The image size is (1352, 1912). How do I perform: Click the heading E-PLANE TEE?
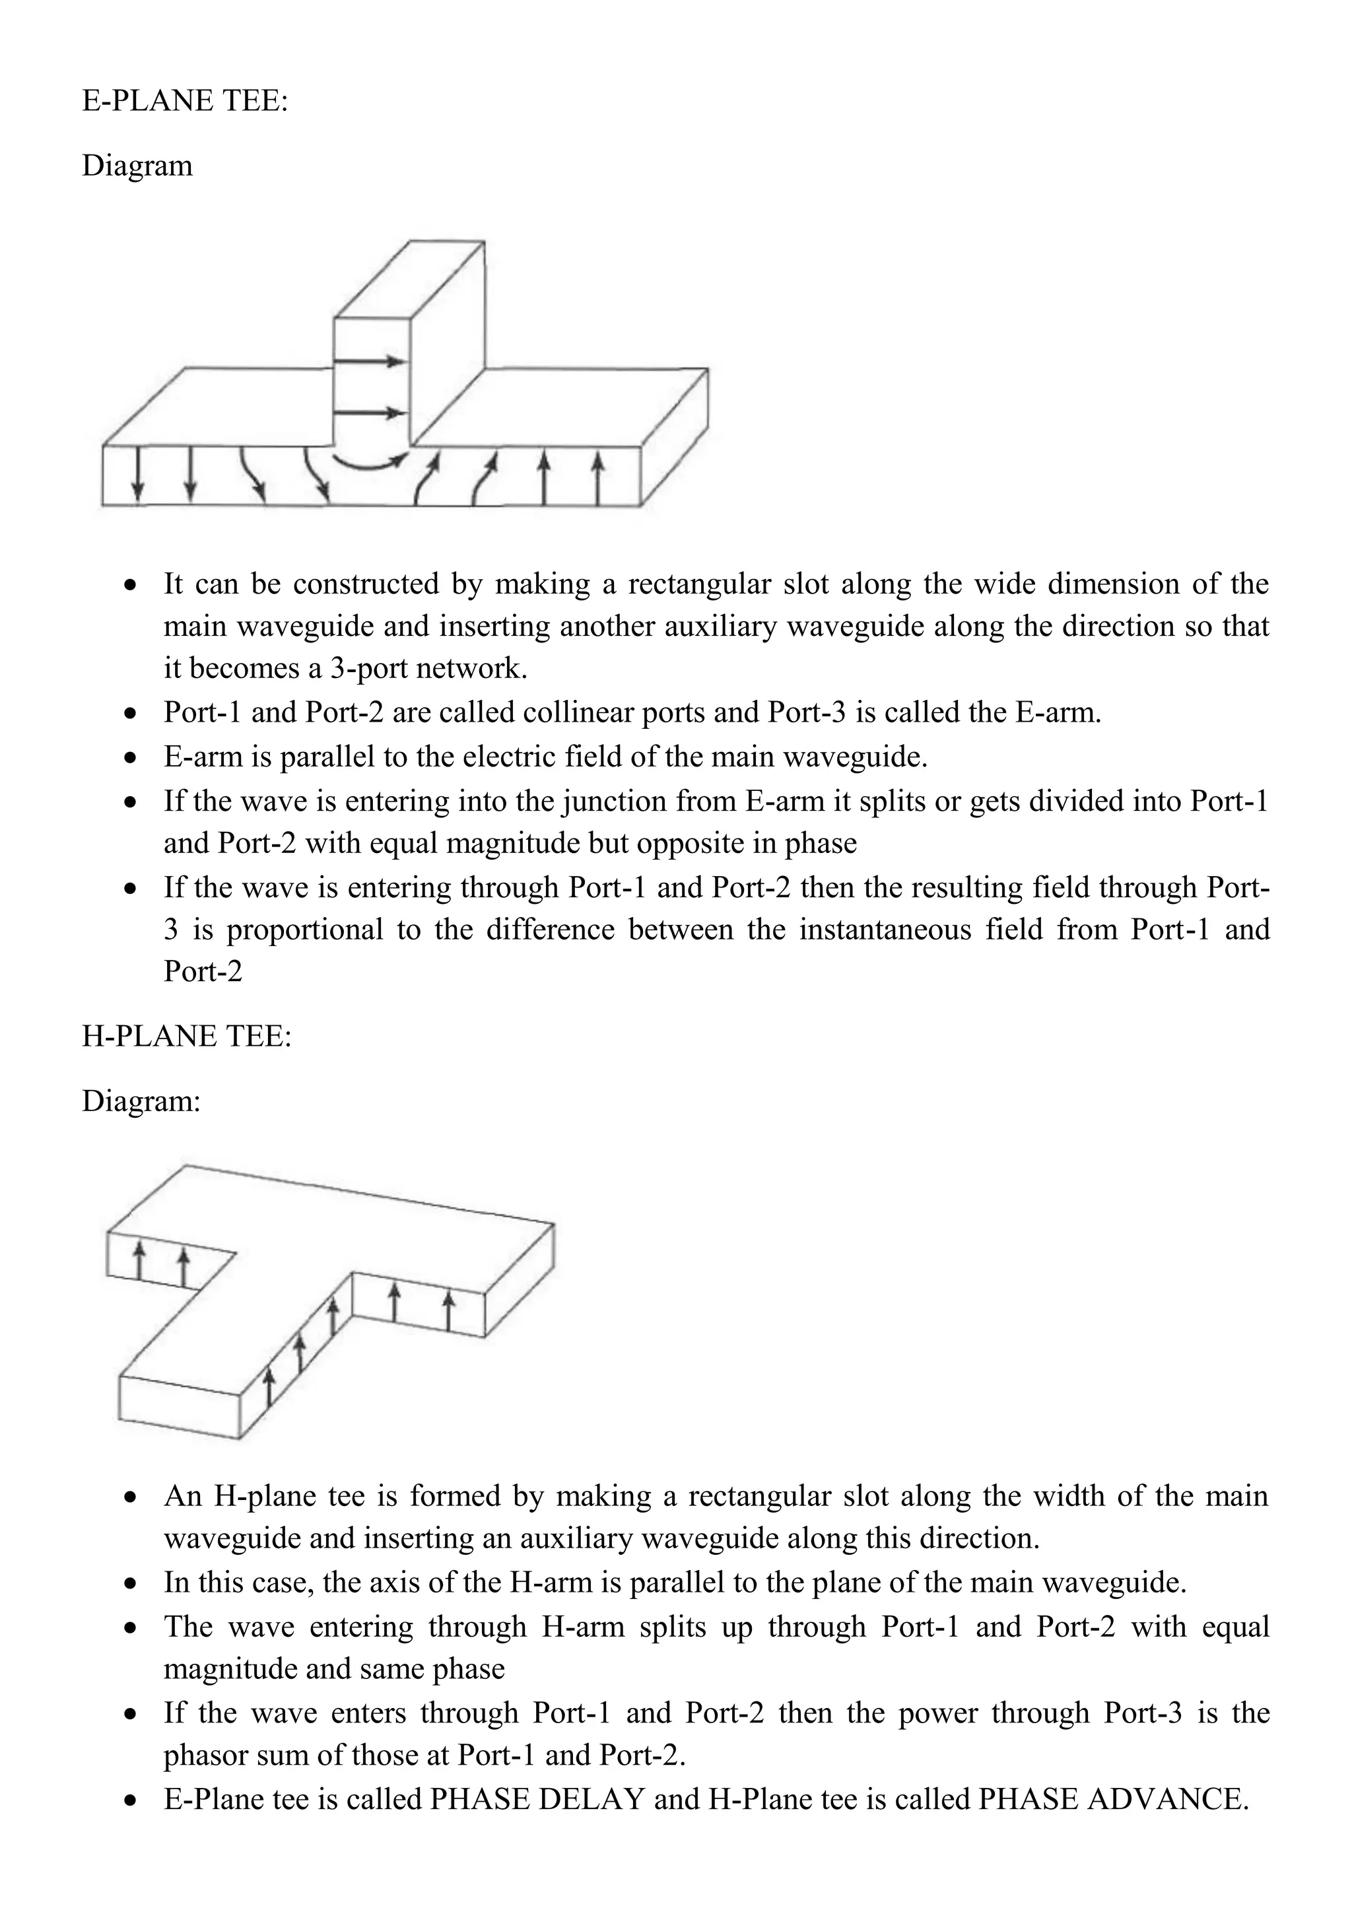[185, 101]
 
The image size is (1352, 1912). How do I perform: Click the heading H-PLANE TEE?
[186, 1036]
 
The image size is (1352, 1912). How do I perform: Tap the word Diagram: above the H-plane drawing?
[141, 1102]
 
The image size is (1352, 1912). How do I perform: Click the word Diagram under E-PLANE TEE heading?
[137, 166]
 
